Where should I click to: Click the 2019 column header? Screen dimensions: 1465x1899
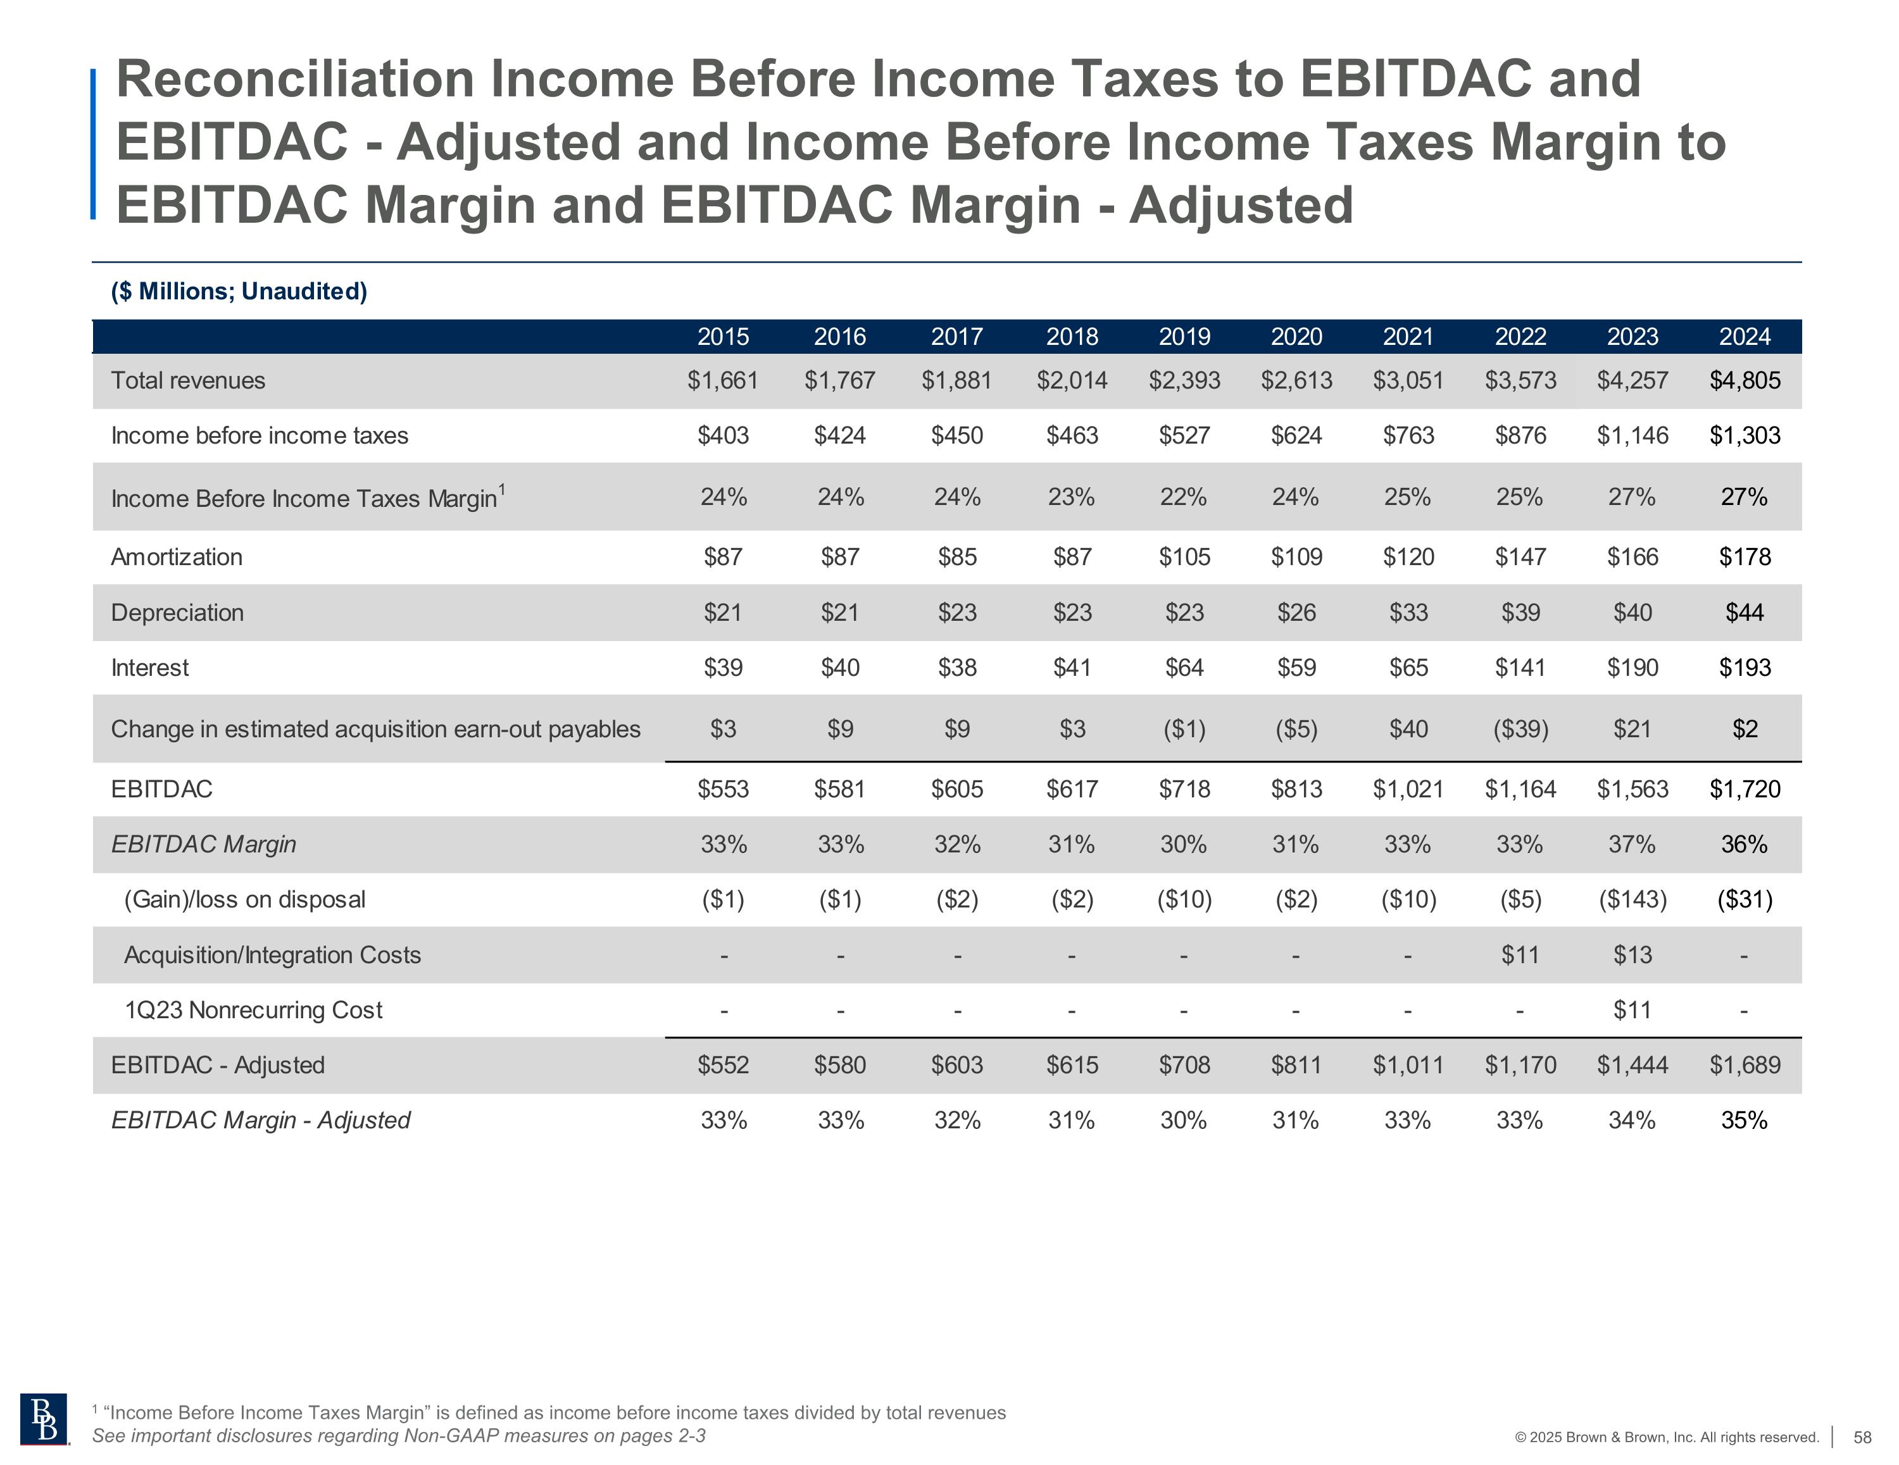[1184, 337]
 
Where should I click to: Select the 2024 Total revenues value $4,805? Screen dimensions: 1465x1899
[1744, 381]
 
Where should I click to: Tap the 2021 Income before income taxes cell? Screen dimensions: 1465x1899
[1408, 435]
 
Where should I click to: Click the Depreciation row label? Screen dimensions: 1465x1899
[177, 613]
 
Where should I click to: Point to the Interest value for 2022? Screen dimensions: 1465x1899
[1520, 668]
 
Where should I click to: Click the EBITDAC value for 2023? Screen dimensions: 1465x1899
[1632, 789]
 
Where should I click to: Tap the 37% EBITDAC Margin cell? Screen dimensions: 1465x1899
[1632, 844]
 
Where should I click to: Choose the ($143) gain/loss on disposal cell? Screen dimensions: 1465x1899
[1632, 899]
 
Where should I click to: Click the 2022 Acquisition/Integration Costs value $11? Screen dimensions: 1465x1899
[1520, 955]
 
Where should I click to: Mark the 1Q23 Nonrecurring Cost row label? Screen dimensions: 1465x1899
[253, 1010]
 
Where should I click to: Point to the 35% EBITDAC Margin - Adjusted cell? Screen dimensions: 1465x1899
[1744, 1121]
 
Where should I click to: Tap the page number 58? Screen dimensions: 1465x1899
[1862, 1437]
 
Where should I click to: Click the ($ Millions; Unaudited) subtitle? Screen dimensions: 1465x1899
[239, 291]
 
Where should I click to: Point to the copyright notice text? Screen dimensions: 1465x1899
[1666, 1437]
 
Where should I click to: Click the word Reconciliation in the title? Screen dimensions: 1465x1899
[295, 79]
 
